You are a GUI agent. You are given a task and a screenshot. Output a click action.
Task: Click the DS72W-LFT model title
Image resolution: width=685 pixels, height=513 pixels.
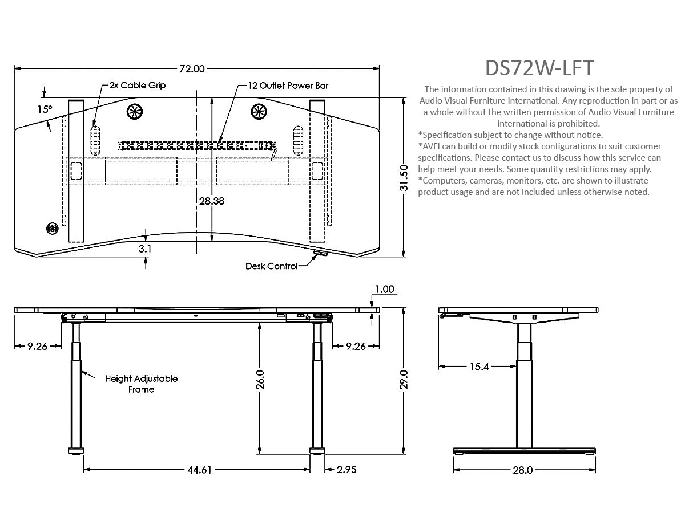pyautogui.click(x=539, y=68)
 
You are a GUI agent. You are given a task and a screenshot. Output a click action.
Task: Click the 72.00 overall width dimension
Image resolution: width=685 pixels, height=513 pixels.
pyautogui.click(x=192, y=69)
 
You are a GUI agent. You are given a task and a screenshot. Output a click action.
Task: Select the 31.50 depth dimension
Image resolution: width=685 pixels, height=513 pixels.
pyautogui.click(x=404, y=178)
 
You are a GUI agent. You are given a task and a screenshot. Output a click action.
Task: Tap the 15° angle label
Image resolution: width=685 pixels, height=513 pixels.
pyautogui.click(x=45, y=109)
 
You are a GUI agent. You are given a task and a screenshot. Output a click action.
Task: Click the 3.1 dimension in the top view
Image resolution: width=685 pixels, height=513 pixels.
pyautogui.click(x=146, y=249)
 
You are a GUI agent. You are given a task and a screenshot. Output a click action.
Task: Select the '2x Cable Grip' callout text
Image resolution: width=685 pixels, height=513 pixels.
pyautogui.click(x=138, y=85)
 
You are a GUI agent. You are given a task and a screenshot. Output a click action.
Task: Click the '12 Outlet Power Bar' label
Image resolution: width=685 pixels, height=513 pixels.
pyautogui.click(x=288, y=85)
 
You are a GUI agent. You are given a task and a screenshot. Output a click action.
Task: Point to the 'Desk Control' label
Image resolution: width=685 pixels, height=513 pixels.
pyautogui.click(x=272, y=266)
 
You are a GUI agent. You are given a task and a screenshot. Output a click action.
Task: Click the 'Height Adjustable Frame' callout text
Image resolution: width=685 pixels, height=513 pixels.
pyautogui.click(x=141, y=384)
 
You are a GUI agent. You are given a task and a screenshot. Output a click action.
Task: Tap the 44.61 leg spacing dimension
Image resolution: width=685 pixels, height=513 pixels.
pyautogui.click(x=199, y=470)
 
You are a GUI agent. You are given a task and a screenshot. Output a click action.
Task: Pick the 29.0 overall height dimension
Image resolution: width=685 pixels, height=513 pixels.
pyautogui.click(x=404, y=379)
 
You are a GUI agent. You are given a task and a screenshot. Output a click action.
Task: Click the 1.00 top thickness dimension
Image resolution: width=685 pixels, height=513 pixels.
pyautogui.click(x=384, y=289)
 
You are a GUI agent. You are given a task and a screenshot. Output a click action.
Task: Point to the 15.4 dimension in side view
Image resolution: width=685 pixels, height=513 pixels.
pyautogui.click(x=479, y=367)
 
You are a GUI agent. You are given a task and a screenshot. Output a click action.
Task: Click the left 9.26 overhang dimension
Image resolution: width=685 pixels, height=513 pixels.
pyautogui.click(x=37, y=345)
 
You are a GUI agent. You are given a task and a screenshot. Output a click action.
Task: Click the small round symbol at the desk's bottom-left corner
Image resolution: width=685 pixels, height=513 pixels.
pyautogui.click(x=52, y=229)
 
